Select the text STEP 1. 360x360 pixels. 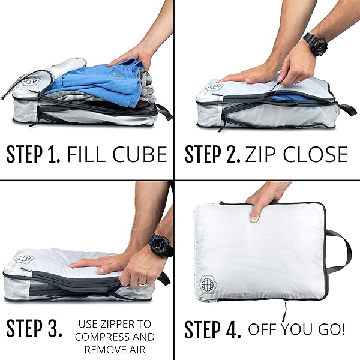pyautogui.click(x=33, y=155)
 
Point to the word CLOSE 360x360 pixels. pyautogui.click(x=314, y=155)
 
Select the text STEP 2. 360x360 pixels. pyautogui.click(x=212, y=155)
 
